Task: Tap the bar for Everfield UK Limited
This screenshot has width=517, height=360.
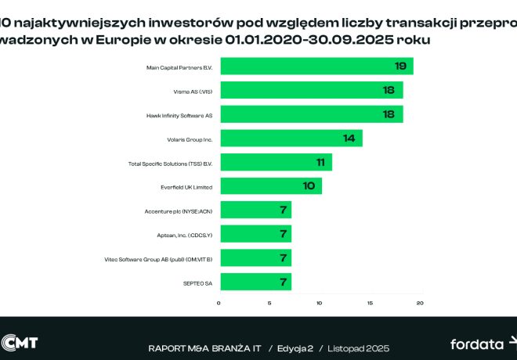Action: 271,186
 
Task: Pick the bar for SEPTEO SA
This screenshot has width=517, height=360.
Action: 255,281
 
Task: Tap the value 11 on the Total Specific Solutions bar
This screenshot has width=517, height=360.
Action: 321,162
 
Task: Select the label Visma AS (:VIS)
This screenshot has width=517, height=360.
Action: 193,92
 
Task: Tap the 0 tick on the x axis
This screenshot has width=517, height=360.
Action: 219,303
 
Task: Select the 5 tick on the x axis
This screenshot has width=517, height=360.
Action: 270,303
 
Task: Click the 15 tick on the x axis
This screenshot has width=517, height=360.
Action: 371,303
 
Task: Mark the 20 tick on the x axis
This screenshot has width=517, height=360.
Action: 420,303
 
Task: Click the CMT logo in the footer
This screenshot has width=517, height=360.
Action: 20,343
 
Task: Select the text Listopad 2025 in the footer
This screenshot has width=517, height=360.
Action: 359,347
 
